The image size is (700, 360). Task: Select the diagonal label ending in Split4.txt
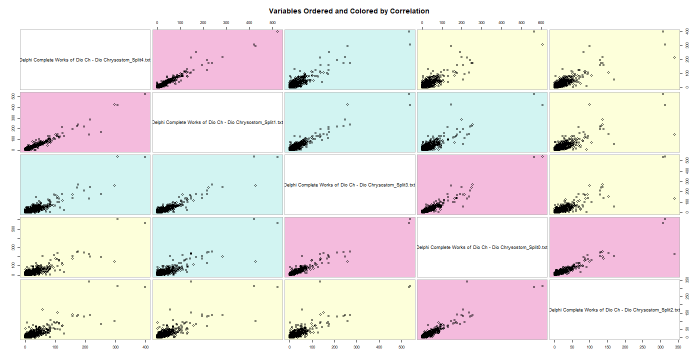coord(85,60)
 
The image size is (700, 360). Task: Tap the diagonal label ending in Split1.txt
coord(217,122)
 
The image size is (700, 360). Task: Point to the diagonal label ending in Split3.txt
coord(350,185)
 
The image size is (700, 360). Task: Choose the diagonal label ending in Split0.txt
coord(482,247)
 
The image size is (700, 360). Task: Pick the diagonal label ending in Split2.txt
coord(614,310)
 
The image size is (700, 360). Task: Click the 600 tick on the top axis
coord(541,22)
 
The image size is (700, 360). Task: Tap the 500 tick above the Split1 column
coord(271,22)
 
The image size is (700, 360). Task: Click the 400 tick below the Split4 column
coord(145,346)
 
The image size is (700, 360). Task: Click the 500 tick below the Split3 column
coord(401,346)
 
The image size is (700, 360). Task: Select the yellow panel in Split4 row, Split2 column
coord(614,60)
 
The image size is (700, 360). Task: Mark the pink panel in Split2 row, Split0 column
coord(482,310)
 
